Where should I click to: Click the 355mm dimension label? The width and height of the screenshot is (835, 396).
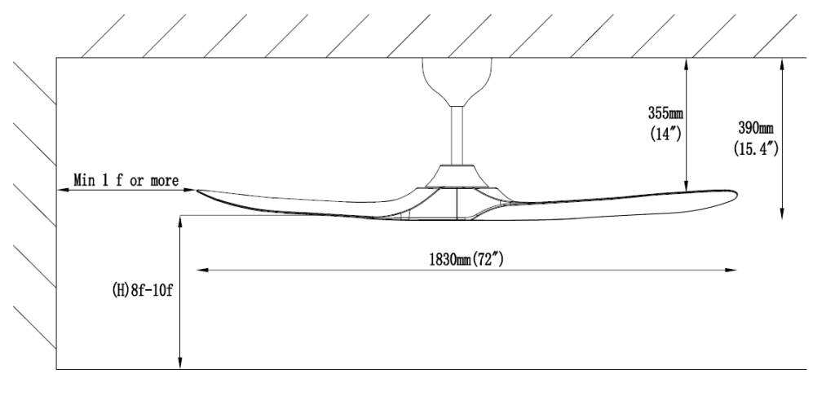point(665,113)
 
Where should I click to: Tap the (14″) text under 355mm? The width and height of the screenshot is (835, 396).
point(665,134)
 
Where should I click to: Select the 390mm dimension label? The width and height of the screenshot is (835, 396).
point(756,128)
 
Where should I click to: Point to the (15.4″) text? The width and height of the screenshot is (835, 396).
point(756,148)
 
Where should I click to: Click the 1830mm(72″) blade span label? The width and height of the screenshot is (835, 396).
point(466,259)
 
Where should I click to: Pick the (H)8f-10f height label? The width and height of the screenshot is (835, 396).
point(142,291)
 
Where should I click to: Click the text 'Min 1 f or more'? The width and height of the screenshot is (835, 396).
point(126,180)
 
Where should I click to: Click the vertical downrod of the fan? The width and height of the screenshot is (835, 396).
point(457,135)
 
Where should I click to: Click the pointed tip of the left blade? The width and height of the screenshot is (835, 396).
point(198,191)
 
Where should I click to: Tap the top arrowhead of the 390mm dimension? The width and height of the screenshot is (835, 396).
point(782,64)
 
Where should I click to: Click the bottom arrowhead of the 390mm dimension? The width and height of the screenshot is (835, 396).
point(782,213)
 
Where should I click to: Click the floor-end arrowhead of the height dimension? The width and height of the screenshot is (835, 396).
point(180,363)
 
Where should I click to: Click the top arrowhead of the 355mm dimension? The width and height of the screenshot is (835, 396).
point(687,64)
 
